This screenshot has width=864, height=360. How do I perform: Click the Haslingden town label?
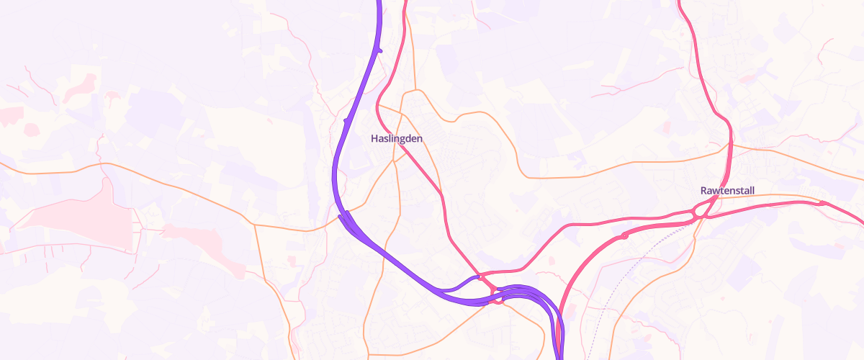pos(396,138)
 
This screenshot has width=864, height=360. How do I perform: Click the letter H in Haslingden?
pos(374,138)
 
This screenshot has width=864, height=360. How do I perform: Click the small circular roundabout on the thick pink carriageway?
pos(624,235)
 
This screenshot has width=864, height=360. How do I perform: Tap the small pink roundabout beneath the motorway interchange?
pos(498,300)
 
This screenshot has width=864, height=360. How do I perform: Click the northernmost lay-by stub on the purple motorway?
pos(379,50)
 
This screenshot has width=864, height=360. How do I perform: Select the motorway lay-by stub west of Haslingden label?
pos(348,120)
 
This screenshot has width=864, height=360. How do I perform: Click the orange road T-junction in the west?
pos(255,225)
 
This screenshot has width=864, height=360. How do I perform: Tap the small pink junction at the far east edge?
pos(823,204)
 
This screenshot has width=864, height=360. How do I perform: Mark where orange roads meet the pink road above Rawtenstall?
pos(729,146)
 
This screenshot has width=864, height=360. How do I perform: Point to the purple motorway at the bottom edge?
pos(561,356)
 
